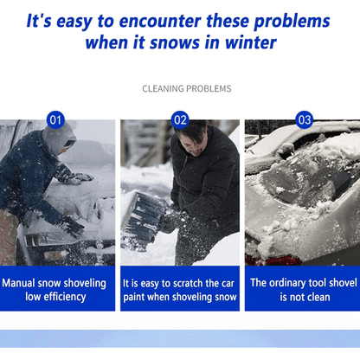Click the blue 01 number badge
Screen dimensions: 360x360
tap(55, 119)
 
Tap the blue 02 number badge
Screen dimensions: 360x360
tap(180, 119)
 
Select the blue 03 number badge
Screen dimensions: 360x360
tap(305, 119)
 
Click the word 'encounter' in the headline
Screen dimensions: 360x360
tap(160, 22)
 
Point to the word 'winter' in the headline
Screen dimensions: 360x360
tap(251, 42)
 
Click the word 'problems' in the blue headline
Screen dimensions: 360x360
tap(292, 22)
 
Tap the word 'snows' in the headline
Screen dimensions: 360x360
tap(175, 43)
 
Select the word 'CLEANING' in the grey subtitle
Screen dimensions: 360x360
tap(163, 88)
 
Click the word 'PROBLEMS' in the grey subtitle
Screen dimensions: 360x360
tap(209, 88)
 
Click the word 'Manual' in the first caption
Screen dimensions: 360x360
tap(18, 283)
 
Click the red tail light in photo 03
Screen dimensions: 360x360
tap(273, 260)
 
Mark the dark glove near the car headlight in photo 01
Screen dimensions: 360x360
tap(71, 227)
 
